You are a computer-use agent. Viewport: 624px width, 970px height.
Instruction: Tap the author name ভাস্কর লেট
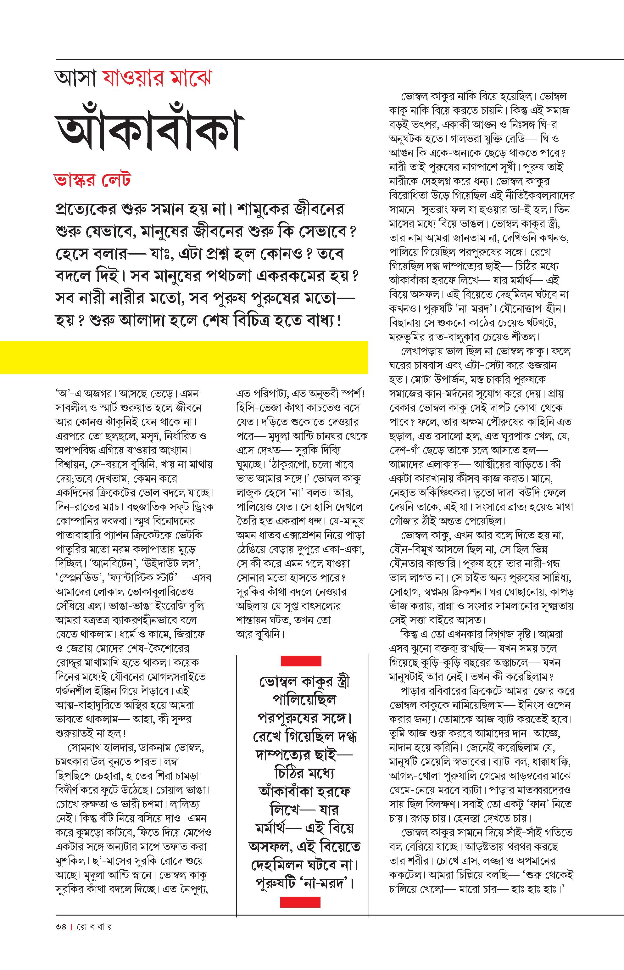coord(92,180)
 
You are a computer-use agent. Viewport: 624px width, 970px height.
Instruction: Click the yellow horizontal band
coord(184,357)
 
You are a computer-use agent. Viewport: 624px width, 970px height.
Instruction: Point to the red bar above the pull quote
coord(301,661)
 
